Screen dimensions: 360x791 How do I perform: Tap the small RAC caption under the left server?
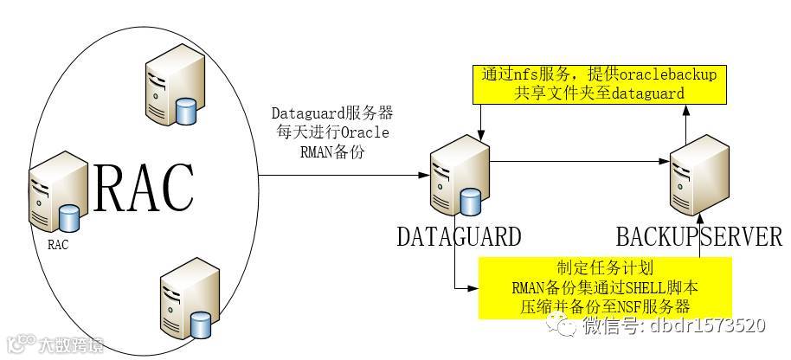click(58, 244)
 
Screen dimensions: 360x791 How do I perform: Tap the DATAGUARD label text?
click(459, 236)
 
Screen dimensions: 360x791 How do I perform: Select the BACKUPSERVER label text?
click(699, 236)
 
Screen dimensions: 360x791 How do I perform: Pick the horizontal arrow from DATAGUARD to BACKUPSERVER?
click(580, 161)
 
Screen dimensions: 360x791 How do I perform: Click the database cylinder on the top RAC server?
click(185, 111)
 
